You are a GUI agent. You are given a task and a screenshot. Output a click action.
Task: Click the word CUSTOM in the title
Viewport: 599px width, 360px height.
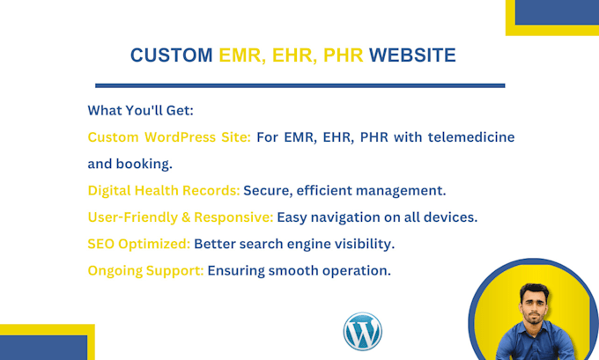[172, 55]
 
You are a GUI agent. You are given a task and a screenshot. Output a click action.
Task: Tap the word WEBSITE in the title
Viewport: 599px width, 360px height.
[412, 55]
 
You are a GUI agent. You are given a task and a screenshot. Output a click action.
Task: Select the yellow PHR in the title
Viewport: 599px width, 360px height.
[343, 55]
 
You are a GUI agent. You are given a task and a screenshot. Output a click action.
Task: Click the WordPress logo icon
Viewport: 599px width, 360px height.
[363, 331]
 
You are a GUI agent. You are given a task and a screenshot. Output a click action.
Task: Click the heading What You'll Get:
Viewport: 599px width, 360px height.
[141, 110]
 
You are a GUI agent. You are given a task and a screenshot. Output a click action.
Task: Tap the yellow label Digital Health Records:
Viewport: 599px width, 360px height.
[164, 190]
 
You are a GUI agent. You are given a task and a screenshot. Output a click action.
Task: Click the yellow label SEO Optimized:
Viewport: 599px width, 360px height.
[138, 244]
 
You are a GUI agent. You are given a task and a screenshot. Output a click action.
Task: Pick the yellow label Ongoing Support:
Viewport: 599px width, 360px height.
[145, 271]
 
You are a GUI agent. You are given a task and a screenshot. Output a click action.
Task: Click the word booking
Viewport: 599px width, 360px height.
[144, 164]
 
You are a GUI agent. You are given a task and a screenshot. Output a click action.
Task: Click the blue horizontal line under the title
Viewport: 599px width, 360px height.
[299, 86]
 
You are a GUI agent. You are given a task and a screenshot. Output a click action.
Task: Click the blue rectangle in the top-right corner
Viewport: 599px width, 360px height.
[557, 12]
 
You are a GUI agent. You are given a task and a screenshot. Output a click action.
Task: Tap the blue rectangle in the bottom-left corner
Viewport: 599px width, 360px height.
[43, 348]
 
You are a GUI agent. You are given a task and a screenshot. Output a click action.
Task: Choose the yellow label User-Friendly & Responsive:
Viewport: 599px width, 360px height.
[181, 217]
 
